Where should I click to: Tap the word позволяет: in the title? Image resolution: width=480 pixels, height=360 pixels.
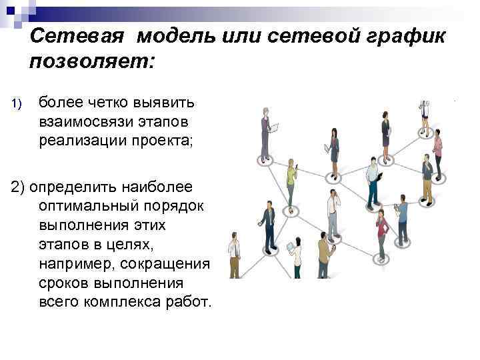point(91,62)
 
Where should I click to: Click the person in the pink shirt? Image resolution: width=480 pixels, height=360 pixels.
point(437,151)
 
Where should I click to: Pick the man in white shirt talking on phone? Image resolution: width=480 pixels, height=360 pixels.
point(333,209)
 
